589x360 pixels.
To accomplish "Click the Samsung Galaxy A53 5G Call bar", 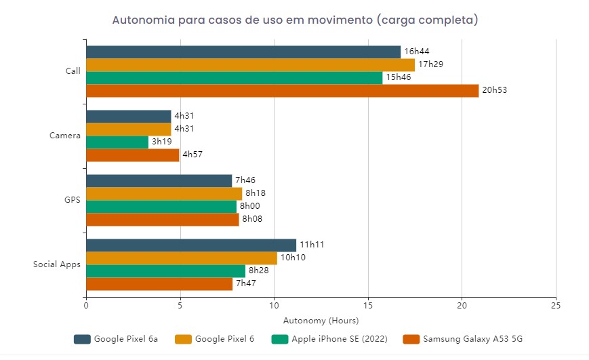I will coord(282,91).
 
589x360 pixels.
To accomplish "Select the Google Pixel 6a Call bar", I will coord(243,52).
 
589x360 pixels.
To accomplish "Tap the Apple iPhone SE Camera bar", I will coord(117,142).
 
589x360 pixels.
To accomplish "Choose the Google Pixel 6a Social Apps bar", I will coord(191,245).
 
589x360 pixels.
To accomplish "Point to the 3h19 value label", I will coord(162,142).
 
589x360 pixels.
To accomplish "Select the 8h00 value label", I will coord(250,207).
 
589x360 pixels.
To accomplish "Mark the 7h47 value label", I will coord(245,284).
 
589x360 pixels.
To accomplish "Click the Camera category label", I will coord(65,136).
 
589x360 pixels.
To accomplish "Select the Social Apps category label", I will coord(57,264).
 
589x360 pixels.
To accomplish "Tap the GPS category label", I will coord(73,200).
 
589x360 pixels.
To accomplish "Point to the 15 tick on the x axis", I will coord(368,306).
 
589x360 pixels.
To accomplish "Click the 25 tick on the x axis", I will coord(556,306).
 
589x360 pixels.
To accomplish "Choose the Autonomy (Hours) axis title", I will coord(321,320).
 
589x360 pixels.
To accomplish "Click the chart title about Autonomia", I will coord(295,20).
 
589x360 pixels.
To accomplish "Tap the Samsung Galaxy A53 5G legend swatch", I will coord(411,339).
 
